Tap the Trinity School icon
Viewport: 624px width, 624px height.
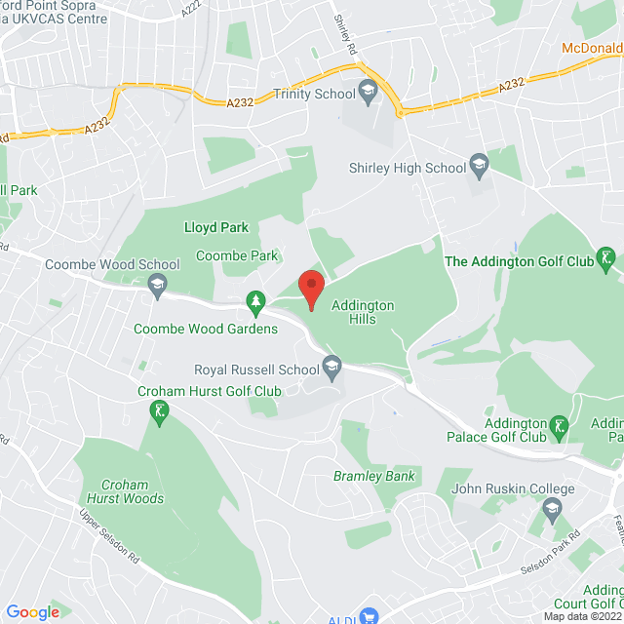[x=368, y=94]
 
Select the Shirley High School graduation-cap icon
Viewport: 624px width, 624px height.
[x=479, y=168]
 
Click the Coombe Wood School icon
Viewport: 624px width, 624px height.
[x=157, y=286]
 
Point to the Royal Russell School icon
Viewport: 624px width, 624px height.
[x=332, y=370]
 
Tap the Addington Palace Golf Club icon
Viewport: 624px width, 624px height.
[x=559, y=427]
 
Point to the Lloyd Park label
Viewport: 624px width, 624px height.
[x=216, y=227]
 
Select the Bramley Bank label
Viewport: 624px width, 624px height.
[x=374, y=476]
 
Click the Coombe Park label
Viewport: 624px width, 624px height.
[x=237, y=255]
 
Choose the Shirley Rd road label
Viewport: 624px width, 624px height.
[x=344, y=33]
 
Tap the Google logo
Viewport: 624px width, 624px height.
[x=32, y=611]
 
